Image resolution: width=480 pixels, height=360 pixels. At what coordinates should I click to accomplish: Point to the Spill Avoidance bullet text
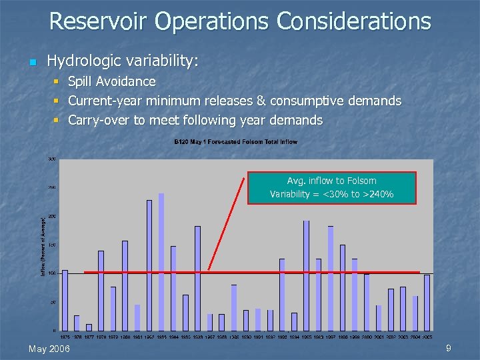coord(111,82)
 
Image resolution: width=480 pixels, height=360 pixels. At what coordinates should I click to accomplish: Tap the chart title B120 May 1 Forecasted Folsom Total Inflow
coord(235,142)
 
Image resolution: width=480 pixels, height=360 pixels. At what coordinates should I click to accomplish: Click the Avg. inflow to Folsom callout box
coord(331,187)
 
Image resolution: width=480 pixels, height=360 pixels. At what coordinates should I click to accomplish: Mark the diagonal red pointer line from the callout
coord(230,223)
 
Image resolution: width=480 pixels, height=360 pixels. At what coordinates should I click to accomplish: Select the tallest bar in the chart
coord(161,261)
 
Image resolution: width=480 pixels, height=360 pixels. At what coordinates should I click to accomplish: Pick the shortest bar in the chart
coord(89,327)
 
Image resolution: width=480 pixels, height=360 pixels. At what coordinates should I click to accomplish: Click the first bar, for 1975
coord(65,300)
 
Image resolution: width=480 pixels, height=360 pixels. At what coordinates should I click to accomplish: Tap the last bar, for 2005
coord(427,302)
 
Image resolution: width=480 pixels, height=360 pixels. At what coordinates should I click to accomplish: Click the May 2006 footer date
coord(50,349)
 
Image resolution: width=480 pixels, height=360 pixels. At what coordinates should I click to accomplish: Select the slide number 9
coord(449,348)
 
